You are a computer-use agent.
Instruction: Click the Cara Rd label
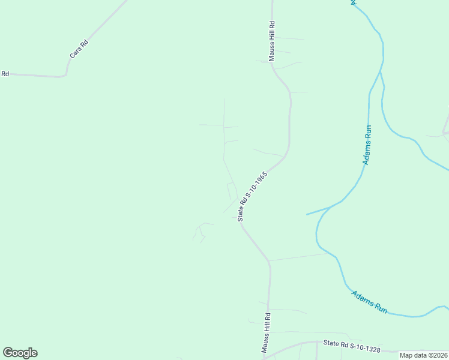pos(79,49)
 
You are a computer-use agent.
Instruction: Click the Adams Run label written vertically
pos(367,145)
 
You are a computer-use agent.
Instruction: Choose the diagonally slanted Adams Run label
pos(369,302)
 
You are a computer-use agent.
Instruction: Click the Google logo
pos(20,353)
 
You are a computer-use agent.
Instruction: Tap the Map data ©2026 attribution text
pos(423,355)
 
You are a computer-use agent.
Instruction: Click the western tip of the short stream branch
pos(307,214)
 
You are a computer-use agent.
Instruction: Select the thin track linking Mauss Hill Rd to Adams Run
pos(300,257)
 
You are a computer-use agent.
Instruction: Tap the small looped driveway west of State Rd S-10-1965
pos(231,191)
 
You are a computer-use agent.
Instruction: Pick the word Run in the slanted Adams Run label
pos(381,308)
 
